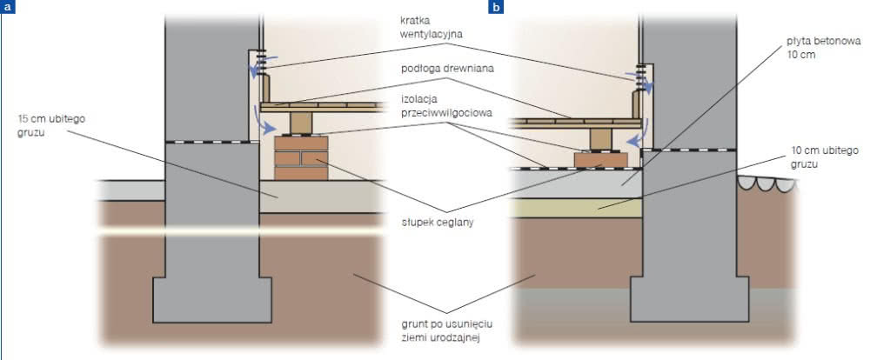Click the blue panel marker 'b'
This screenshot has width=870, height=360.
496,7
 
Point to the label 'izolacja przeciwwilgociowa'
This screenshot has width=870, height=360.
446,104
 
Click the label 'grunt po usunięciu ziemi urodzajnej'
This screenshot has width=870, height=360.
444,330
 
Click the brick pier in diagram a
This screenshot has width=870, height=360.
301,158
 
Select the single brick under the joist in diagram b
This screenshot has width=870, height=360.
601,160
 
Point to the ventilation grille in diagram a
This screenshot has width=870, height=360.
259,66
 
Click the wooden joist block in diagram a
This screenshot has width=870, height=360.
301,123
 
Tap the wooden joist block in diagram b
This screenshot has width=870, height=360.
600,138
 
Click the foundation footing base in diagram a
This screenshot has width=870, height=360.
212,299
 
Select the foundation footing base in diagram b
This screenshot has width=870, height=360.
689,299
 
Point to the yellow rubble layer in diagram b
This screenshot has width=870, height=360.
576,208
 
